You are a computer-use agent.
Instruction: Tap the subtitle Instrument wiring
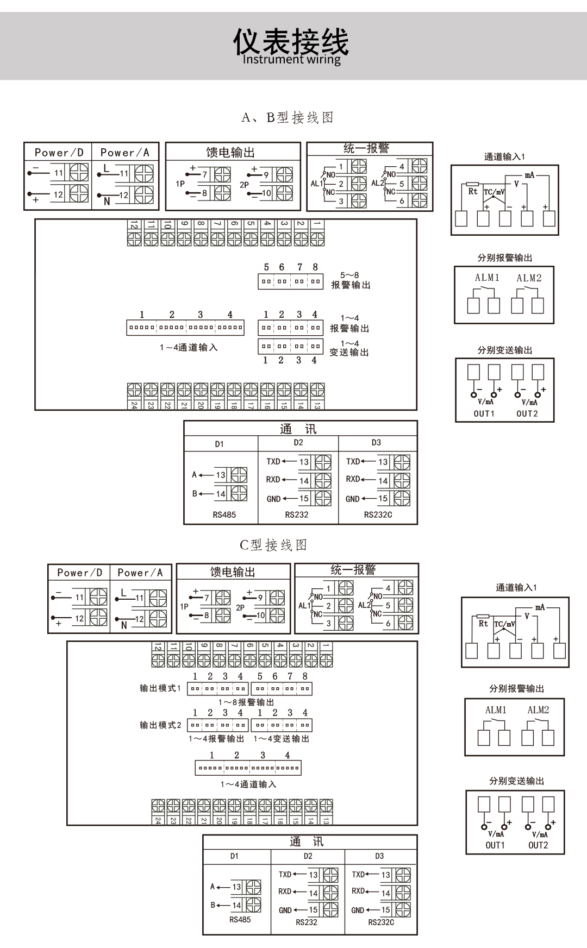pyautogui.click(x=291, y=60)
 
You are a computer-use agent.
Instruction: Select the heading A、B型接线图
pyautogui.click(x=288, y=117)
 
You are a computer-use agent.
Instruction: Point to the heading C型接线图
pyautogui.click(x=273, y=545)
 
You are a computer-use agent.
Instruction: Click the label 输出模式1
pyautogui.click(x=160, y=688)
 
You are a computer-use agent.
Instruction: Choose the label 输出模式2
pyautogui.click(x=160, y=725)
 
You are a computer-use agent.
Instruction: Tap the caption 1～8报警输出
pyautogui.click(x=246, y=702)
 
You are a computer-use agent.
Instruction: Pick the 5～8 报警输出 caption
pyautogui.click(x=351, y=280)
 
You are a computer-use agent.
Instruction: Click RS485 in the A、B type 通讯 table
pyautogui.click(x=224, y=514)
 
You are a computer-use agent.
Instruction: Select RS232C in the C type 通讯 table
pyautogui.click(x=381, y=922)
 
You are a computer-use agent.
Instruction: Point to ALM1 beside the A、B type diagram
pyautogui.click(x=487, y=278)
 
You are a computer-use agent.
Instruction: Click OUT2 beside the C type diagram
pyautogui.click(x=538, y=845)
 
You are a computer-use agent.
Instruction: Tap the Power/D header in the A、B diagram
pyautogui.click(x=59, y=153)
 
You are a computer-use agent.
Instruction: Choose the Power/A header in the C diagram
pyautogui.click(x=140, y=573)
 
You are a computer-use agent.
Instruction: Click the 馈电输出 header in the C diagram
pyautogui.click(x=233, y=572)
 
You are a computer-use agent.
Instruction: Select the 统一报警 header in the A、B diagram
pyautogui.click(x=366, y=148)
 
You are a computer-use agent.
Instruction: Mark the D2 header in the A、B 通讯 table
pyautogui.click(x=298, y=442)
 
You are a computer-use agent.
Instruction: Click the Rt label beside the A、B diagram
pyautogui.click(x=473, y=191)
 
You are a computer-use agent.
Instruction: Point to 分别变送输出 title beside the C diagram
pyautogui.click(x=516, y=781)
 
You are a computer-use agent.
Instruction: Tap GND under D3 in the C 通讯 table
pyautogui.click(x=358, y=910)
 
